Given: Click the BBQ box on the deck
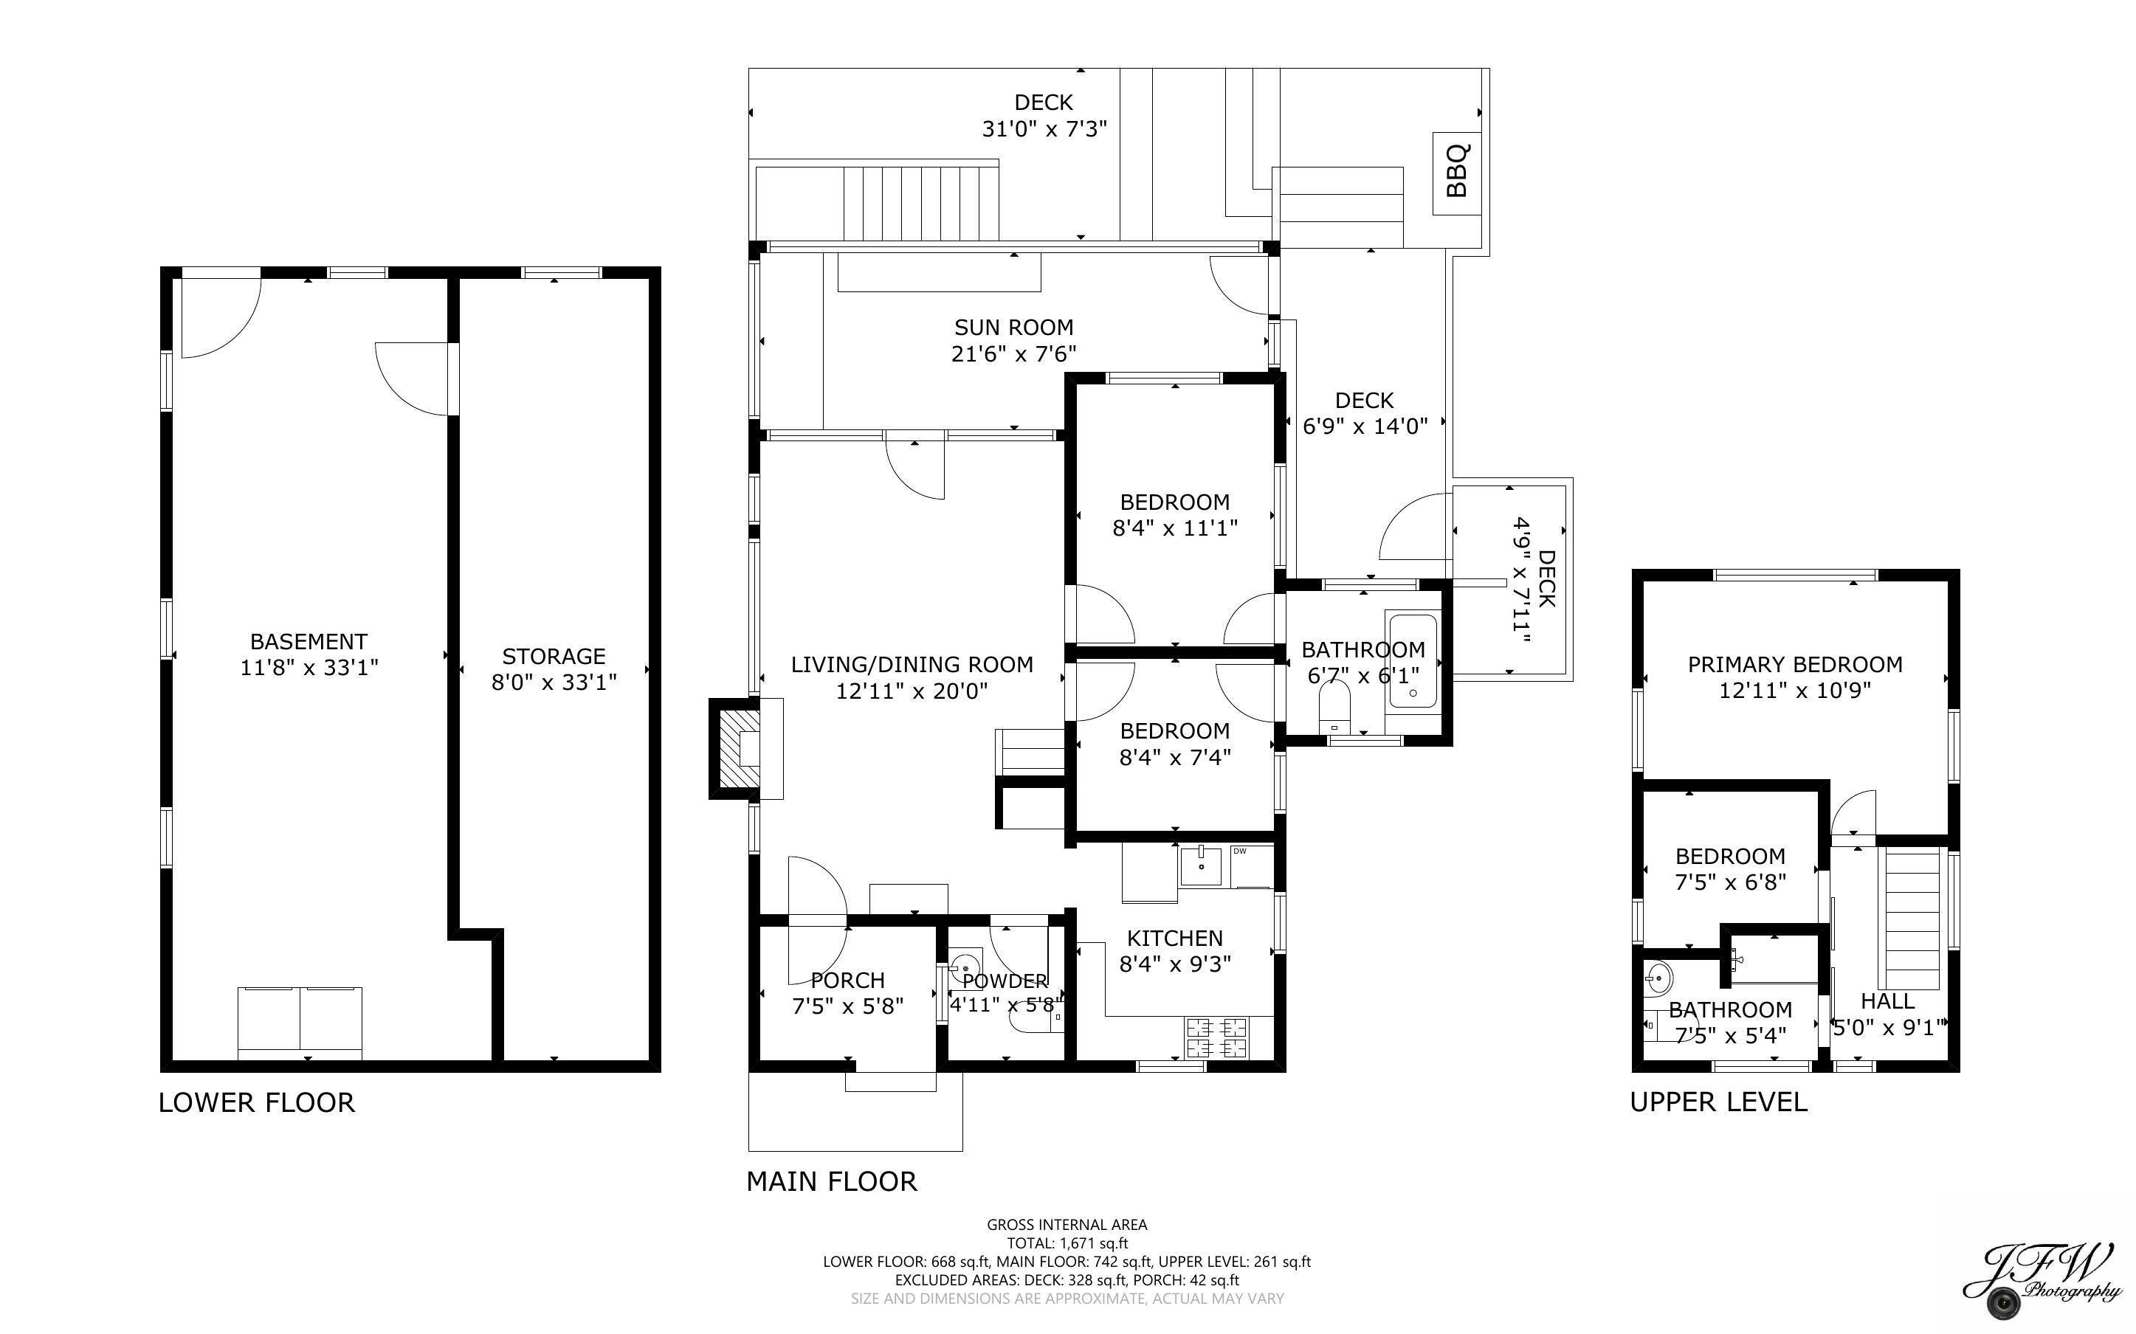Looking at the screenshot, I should tap(1455, 173).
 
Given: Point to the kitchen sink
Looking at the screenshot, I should tap(1201, 865).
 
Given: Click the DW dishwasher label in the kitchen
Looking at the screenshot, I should tap(1240, 851).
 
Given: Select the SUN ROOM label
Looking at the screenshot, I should tap(1013, 328).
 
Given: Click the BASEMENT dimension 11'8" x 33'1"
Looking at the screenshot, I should tap(309, 668).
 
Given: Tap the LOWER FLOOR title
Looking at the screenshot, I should tap(256, 1103).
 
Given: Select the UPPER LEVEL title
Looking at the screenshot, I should tap(1718, 1102).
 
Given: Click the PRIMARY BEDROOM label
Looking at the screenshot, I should tap(1794, 664).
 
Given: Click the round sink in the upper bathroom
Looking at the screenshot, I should tap(1658, 978).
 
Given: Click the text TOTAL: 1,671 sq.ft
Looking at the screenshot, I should tap(1067, 1243).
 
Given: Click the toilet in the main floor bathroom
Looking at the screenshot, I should tap(1335, 709).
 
